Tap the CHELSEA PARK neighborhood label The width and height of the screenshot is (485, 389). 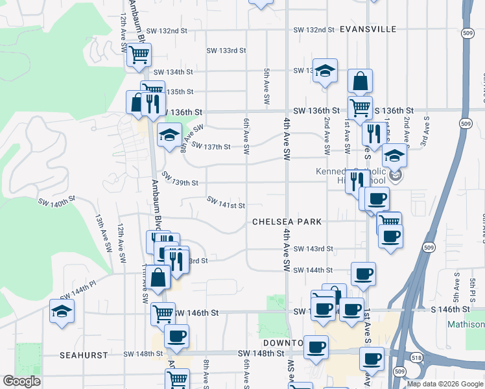[287, 222]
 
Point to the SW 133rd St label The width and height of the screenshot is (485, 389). [226, 51]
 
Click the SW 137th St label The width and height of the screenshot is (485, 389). [211, 147]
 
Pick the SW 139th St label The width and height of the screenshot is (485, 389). [180, 179]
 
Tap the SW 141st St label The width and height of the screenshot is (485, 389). [226, 205]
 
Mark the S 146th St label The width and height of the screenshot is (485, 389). [451, 311]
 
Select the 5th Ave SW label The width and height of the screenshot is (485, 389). [266, 88]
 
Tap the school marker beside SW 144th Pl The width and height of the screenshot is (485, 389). [62, 311]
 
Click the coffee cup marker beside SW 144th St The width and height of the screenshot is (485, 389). [363, 273]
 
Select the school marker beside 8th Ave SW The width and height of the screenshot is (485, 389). [169, 135]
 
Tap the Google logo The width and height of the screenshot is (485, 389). [21, 381]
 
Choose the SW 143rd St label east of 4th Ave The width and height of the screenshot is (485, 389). [313, 249]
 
